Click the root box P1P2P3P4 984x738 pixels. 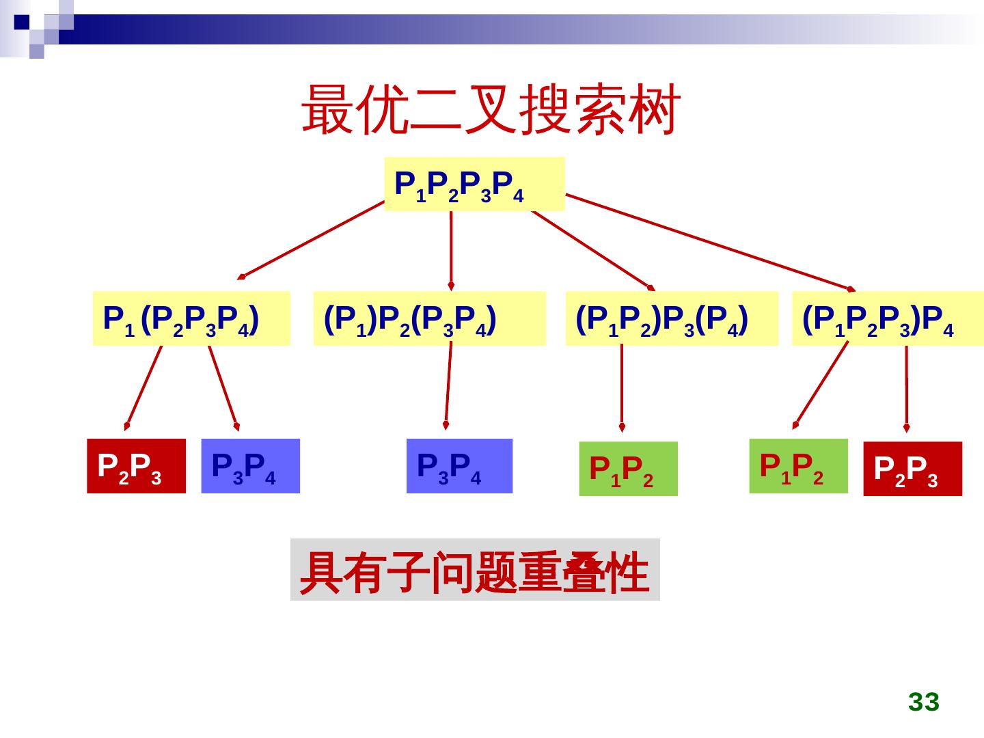point(474,184)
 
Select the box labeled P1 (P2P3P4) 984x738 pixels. point(191,318)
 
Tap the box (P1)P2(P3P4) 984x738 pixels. point(429,318)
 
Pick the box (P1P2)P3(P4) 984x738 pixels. point(671,318)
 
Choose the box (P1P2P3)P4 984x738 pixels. point(887,318)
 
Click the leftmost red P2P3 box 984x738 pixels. point(136,465)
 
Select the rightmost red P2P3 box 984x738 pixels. point(912,469)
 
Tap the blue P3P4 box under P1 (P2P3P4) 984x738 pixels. point(250,465)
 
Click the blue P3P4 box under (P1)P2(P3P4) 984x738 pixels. point(459,465)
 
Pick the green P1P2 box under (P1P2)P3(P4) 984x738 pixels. point(628,469)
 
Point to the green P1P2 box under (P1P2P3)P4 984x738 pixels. point(798,465)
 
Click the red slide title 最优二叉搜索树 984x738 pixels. point(491,109)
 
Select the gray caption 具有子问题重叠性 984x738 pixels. point(475,570)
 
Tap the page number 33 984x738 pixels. point(924,702)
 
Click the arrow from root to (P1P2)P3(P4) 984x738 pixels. point(591,249)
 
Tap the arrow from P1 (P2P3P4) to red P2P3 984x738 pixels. point(144,385)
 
